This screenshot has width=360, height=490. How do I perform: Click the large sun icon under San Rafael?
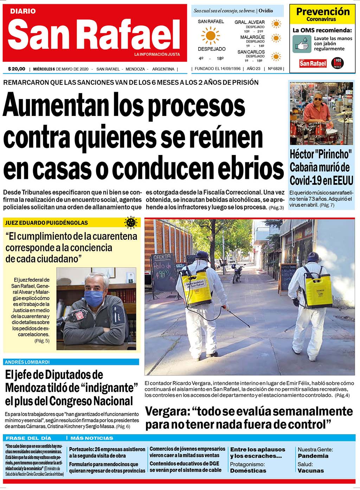click(x=211, y=36)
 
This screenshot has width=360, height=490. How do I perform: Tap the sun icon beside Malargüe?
click(x=276, y=38)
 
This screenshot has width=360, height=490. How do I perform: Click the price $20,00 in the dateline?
click(x=17, y=69)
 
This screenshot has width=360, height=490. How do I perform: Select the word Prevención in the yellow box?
click(x=323, y=12)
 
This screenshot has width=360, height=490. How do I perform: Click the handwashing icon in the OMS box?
click(x=302, y=44)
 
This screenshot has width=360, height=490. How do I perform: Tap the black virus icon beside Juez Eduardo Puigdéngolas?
click(x=131, y=223)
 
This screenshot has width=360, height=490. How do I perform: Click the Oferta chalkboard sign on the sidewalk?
click(x=164, y=271)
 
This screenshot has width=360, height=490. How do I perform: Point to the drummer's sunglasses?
click(x=317, y=100)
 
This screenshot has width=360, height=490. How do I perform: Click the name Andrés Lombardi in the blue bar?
click(x=27, y=362)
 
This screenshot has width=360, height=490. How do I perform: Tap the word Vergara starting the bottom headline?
click(x=167, y=411)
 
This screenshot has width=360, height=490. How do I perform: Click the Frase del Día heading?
click(x=28, y=438)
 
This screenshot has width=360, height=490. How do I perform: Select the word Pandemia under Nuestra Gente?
click(x=313, y=456)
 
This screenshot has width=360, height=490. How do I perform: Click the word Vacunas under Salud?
click(x=311, y=471)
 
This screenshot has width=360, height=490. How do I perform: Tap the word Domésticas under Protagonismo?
click(x=248, y=471)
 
